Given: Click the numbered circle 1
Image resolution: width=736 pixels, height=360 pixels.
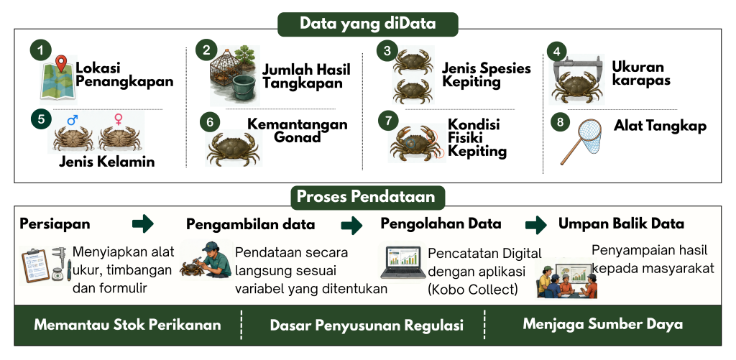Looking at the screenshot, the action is pos(41,50).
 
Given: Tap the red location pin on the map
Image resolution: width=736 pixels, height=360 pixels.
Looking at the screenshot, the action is pos(60,63).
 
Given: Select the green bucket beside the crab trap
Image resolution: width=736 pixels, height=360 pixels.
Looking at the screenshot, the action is pos(244,87).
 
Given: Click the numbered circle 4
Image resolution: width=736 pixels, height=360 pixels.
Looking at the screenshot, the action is pos(557,52).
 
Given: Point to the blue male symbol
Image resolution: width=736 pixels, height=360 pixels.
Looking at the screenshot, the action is pos(73,121).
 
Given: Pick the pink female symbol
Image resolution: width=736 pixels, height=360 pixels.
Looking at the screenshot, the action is pos(119,119).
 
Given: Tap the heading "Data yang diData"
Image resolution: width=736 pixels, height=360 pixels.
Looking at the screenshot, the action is pos(367,24).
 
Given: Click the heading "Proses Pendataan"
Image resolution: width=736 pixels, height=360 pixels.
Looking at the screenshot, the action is pos(367,197).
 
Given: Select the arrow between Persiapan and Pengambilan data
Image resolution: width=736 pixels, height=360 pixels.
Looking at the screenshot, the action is pos(143,223).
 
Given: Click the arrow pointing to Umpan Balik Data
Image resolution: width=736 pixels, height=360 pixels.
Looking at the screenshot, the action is pos(535,225).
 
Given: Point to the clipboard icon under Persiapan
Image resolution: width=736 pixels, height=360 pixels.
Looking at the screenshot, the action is pos(36,266).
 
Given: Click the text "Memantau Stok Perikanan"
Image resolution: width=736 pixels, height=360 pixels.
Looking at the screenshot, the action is pos(128,325).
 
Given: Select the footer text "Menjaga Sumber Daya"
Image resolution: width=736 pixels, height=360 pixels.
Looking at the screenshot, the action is pos(603,324).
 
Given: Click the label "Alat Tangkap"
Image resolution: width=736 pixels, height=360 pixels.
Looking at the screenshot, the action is pos(660,126).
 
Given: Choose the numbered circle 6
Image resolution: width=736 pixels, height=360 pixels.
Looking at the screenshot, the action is pos(210,122).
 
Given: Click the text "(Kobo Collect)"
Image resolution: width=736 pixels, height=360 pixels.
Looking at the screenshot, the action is pos(473,290).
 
